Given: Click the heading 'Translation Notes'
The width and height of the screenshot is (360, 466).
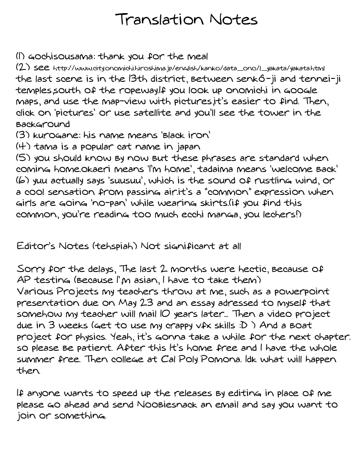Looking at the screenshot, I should click(186, 19).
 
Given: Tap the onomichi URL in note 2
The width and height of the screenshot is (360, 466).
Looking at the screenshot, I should click(189, 68).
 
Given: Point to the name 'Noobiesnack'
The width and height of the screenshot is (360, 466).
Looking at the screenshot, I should click(167, 405).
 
